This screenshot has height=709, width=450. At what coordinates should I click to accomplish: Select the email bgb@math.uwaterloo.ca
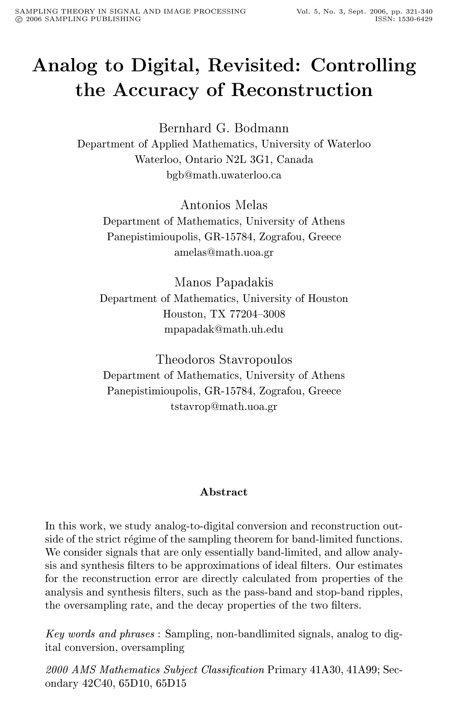pos(224,175)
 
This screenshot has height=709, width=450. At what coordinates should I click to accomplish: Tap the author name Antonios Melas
pos(224,205)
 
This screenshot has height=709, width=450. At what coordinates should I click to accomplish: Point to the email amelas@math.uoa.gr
pos(224,253)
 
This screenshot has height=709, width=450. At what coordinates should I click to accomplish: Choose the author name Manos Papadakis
pos(224,282)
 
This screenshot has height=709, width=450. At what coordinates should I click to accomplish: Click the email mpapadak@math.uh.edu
pos(224,330)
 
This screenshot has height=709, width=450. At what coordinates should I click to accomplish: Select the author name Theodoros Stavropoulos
pos(224,360)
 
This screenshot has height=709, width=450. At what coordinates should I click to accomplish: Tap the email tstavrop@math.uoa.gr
pos(224,407)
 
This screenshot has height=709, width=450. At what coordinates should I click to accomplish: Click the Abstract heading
pos(224,492)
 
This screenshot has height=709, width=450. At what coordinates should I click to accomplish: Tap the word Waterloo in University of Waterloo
pos(349,144)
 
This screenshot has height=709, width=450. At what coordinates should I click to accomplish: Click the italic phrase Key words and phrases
pos(100,634)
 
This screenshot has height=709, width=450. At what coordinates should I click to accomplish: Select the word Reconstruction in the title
pos(302,90)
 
